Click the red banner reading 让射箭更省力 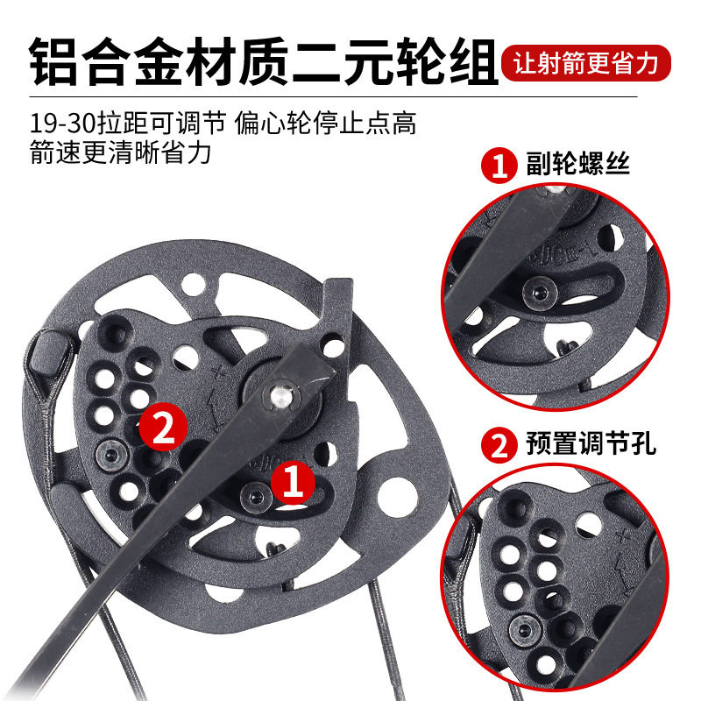586,63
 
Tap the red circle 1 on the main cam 294,483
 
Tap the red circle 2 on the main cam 163,428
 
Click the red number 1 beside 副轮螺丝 499,165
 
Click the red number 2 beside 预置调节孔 499,445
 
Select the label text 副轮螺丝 577,164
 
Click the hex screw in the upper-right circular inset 540,293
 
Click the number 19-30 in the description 62,124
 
